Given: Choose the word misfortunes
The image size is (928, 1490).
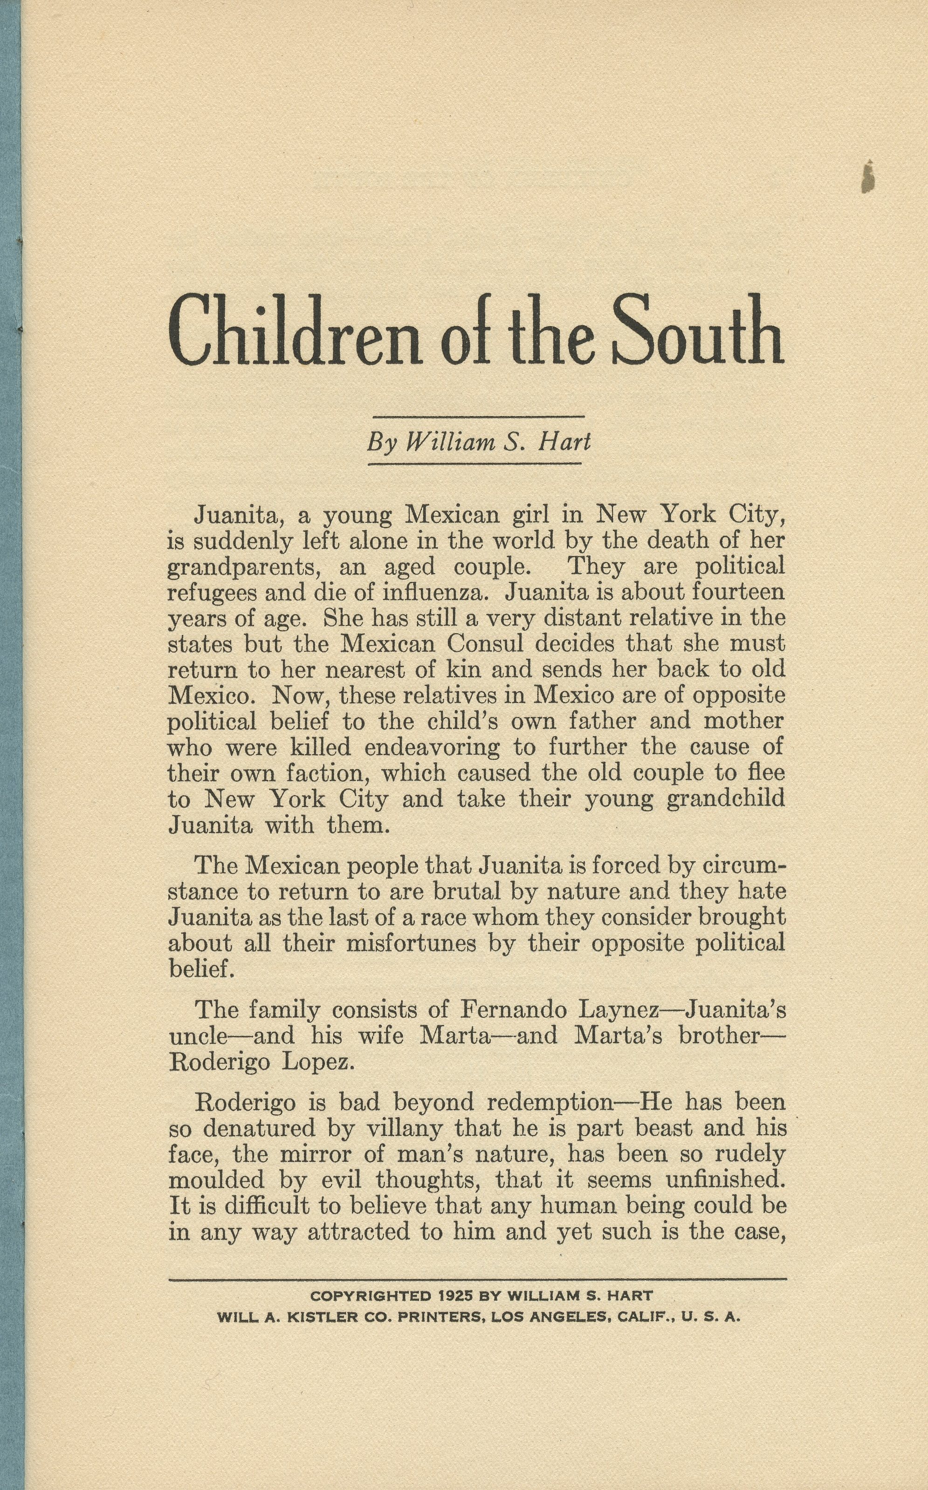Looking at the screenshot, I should coord(411,943).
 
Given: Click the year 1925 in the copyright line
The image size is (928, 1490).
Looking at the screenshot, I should coord(455,1296).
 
